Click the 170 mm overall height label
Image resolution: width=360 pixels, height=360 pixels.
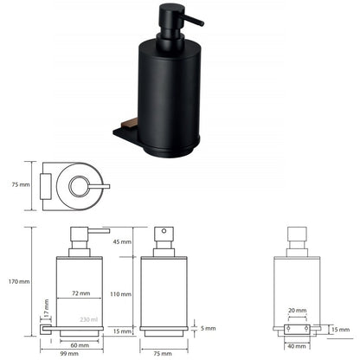click(x=19, y=281)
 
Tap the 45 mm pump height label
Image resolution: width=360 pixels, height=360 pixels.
click(x=122, y=241)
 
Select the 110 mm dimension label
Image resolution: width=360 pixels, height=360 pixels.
click(x=120, y=294)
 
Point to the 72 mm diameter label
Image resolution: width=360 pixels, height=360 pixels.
click(x=80, y=293)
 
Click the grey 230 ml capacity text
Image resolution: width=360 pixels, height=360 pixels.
click(x=89, y=319)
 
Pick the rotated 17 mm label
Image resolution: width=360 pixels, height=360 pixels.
click(x=46, y=307)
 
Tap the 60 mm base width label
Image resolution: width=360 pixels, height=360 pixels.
click(x=80, y=345)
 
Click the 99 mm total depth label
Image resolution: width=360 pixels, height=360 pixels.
click(x=69, y=354)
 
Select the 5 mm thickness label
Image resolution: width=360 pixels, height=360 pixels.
click(x=208, y=328)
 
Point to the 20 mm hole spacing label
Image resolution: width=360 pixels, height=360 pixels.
click(x=297, y=311)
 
